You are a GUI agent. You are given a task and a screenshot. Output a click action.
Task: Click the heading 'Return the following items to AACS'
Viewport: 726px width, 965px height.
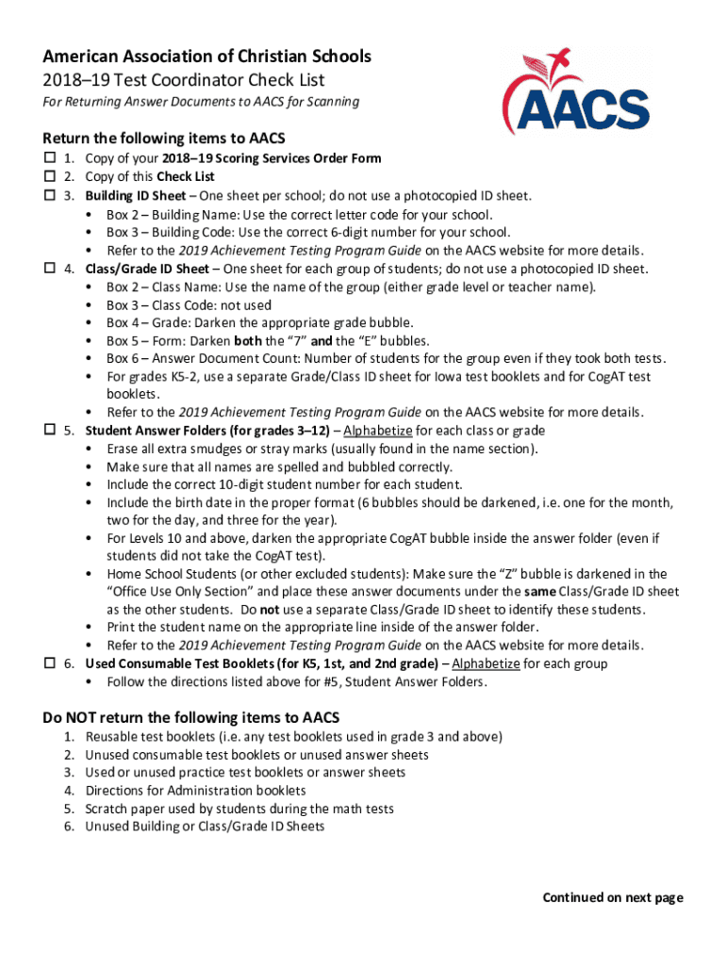163,139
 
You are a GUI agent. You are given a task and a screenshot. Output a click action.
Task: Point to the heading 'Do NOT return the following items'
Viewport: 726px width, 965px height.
190,716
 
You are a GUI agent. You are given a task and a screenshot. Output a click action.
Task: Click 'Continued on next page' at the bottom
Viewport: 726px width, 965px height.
612,897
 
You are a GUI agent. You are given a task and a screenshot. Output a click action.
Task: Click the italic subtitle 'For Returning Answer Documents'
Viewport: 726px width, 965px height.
200,102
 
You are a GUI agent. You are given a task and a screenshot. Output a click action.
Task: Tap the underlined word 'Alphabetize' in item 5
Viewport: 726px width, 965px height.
378,431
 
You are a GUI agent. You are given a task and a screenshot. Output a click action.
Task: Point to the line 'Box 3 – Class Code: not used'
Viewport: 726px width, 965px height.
189,304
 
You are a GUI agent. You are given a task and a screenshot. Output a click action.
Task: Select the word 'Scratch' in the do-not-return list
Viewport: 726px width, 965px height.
107,809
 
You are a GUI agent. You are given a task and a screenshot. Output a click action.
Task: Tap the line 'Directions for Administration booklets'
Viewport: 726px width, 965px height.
195,791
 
